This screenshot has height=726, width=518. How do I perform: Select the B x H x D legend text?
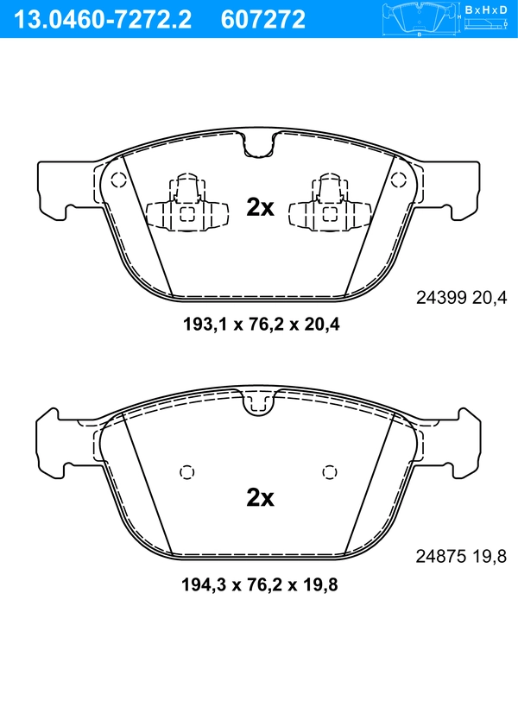tap(486, 9)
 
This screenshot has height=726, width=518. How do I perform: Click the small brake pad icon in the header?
tap(420, 18)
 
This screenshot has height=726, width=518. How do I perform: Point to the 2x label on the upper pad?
tap(260, 207)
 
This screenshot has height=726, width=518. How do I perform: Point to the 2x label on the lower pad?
tap(260, 497)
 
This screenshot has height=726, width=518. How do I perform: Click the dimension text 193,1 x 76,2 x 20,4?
tap(259, 325)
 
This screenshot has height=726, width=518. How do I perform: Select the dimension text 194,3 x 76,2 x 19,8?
tap(259, 584)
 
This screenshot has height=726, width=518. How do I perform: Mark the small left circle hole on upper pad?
tap(119, 180)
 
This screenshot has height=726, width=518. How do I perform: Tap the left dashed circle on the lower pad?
tap(186, 471)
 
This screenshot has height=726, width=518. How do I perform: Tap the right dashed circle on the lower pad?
tap(328, 471)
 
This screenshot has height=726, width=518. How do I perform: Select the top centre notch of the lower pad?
tap(259, 401)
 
